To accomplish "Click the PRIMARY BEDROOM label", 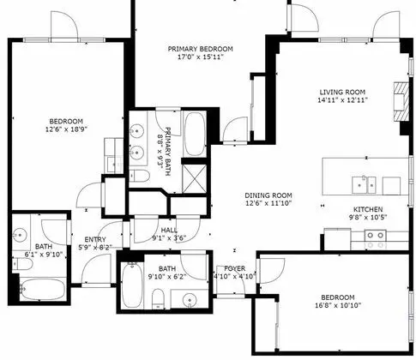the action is click(x=200, y=49).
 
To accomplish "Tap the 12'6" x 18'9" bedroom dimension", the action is click(x=66, y=129).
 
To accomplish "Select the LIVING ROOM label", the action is click(x=342, y=93).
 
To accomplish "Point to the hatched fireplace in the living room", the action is click(x=401, y=102).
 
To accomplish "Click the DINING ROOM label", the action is click(x=268, y=195).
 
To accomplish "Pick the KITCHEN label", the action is click(x=368, y=209).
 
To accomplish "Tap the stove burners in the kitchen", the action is click(x=376, y=240).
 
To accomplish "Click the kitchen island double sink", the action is click(x=364, y=185).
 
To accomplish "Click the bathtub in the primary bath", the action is click(x=195, y=135).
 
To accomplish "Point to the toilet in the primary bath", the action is click(x=139, y=176).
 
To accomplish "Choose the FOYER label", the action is click(x=235, y=268).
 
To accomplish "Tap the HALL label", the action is click(x=169, y=230).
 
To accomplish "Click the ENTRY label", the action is click(x=95, y=239).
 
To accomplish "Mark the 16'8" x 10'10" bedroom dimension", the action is click(x=338, y=305).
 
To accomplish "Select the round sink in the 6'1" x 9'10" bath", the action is click(x=20, y=236).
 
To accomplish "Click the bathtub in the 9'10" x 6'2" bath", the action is click(x=132, y=285).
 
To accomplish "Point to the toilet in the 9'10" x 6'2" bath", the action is click(x=158, y=299).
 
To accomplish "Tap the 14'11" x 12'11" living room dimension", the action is click(x=342, y=100).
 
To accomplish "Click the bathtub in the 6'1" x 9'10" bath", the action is click(x=43, y=289).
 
